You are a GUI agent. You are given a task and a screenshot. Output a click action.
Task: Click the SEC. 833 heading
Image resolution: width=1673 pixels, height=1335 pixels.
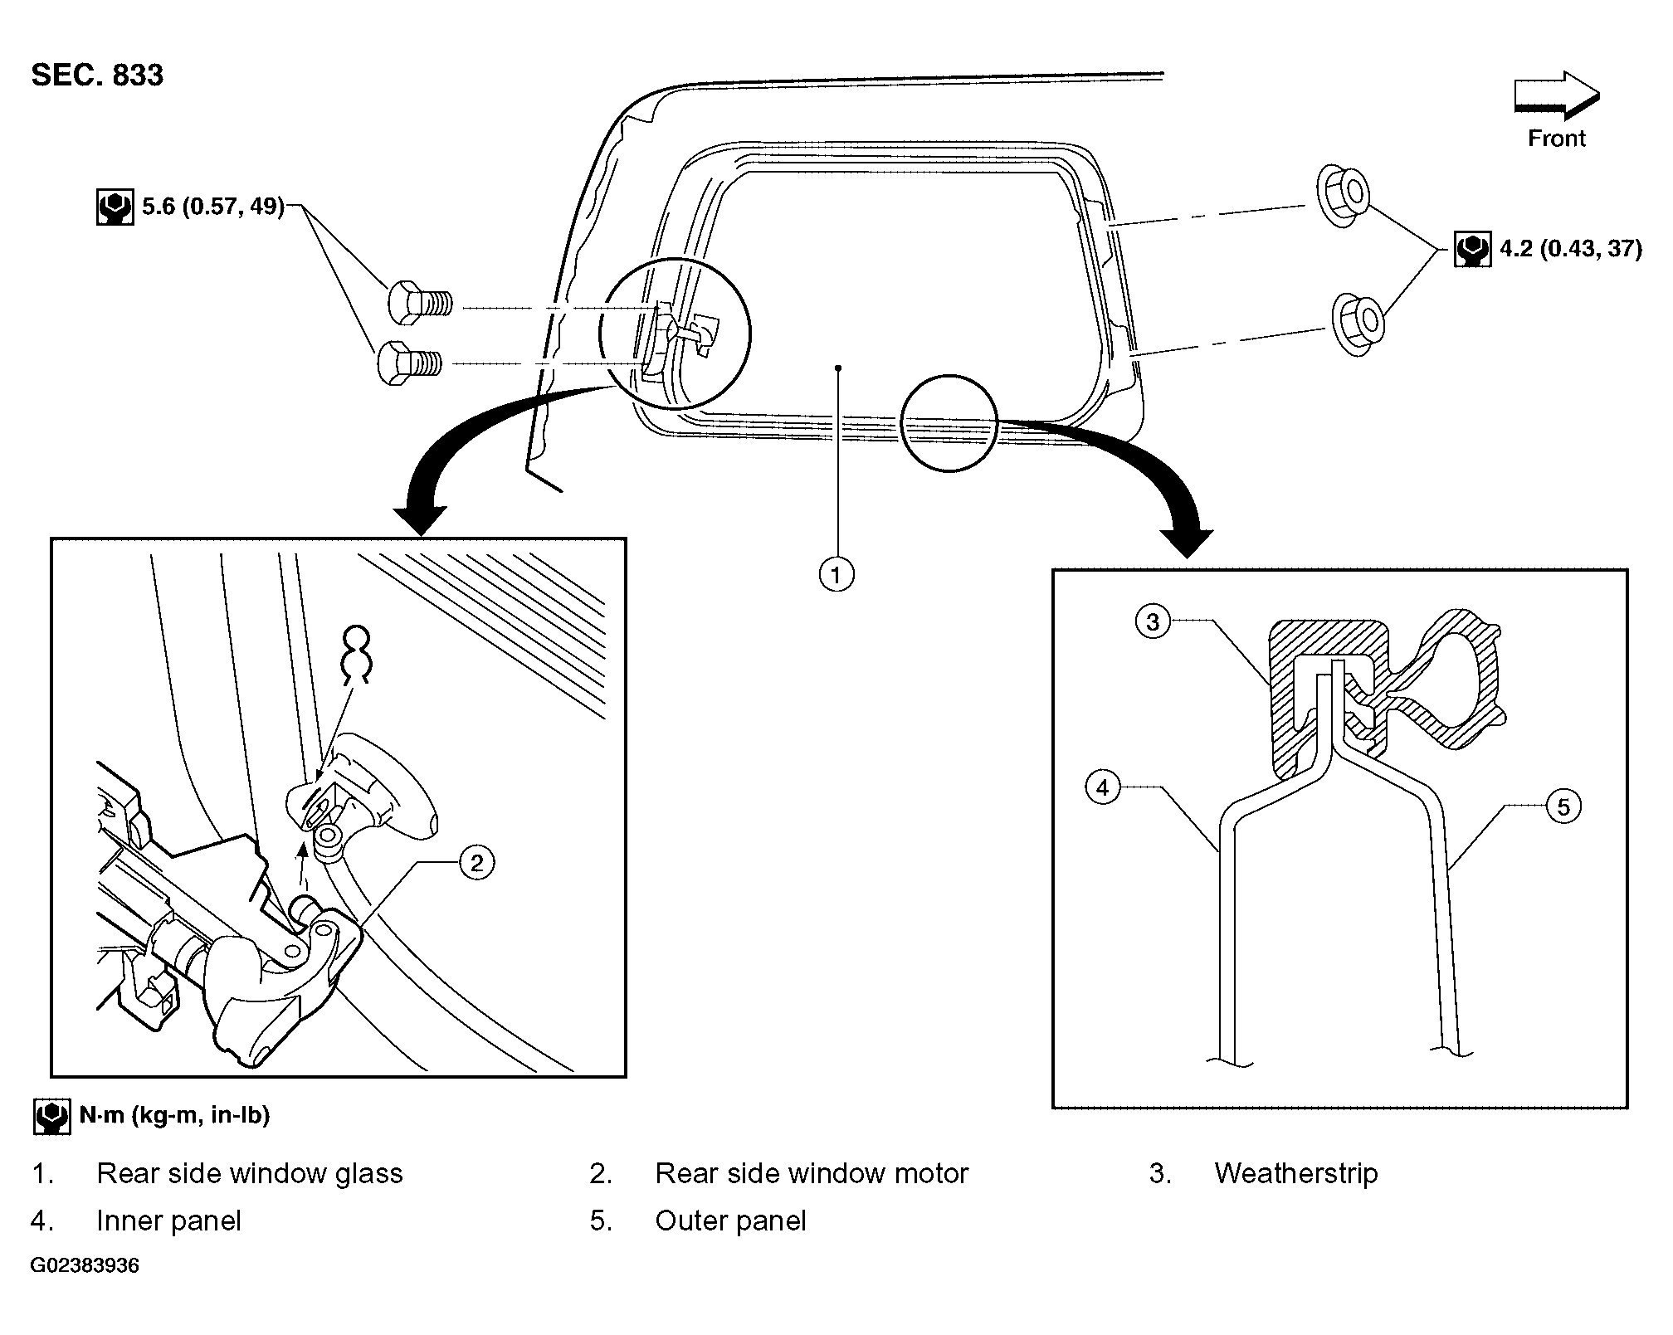tap(97, 76)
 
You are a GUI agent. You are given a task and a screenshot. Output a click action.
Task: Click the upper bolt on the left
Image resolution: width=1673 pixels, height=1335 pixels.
tap(420, 304)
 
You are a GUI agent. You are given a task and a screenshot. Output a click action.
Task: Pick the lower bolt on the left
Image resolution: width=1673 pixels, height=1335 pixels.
tap(409, 363)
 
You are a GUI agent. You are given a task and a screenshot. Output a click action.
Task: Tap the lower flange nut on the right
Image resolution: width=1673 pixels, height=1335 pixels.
tap(1358, 324)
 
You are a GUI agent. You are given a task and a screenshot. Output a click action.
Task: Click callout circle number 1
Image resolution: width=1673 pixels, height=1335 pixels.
tap(836, 574)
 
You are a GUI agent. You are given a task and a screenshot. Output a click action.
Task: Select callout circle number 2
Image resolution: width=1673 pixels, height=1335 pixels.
tap(476, 863)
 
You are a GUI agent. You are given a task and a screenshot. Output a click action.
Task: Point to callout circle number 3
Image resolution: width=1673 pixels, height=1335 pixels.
tap(1153, 621)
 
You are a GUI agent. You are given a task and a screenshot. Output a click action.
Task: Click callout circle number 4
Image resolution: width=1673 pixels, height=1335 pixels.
tap(1103, 787)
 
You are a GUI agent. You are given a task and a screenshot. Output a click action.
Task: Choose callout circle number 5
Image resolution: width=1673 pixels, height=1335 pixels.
tap(1563, 806)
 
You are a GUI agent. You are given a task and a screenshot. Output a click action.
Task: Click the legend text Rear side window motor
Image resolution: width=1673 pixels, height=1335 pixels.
tap(812, 1173)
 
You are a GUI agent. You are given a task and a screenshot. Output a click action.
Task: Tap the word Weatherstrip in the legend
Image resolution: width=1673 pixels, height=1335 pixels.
tap(1295, 1173)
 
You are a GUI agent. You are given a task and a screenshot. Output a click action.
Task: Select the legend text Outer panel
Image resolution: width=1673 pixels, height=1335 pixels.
tap(730, 1221)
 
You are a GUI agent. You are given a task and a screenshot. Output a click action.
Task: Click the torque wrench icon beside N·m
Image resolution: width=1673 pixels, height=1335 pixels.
tap(51, 1116)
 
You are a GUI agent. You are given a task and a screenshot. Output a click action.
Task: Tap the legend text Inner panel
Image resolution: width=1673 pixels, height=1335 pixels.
tap(168, 1221)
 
